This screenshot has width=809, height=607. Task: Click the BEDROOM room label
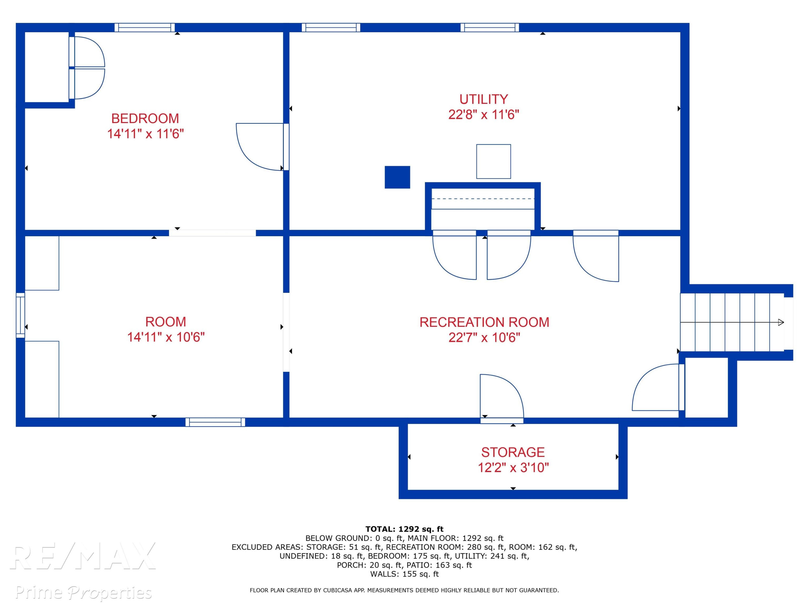(145, 118)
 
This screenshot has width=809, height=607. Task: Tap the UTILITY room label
(484, 99)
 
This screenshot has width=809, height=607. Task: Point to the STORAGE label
(513, 452)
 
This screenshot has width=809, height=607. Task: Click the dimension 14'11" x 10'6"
(166, 337)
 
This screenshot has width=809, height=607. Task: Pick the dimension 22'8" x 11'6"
(484, 115)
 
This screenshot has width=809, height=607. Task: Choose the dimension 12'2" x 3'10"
(513, 468)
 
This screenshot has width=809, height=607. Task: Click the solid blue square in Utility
(397, 177)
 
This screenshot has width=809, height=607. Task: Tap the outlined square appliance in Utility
(493, 161)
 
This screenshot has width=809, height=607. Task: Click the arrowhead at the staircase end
(781, 322)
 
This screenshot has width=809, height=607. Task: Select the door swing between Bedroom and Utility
(260, 147)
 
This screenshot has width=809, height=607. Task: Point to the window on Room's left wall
(20, 315)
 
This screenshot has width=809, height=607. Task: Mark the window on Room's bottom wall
(215, 422)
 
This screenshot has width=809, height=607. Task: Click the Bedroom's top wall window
(145, 28)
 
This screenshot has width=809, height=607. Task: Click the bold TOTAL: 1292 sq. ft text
(404, 529)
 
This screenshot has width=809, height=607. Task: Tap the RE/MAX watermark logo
(83, 556)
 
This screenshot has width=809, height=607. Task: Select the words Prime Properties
(83, 592)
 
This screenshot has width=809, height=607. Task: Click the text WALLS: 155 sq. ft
(404, 574)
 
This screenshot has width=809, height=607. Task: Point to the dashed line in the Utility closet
(483, 199)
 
